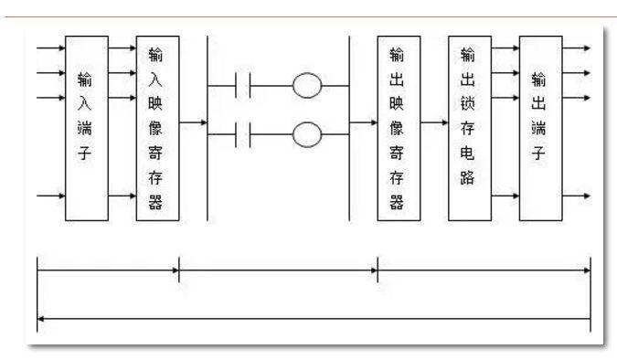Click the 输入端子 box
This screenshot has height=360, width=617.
point(86,127)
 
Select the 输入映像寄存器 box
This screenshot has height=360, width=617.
point(157,127)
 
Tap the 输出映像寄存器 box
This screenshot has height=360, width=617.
point(399,127)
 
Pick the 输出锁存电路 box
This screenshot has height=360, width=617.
point(470,127)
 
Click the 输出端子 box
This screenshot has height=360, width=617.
point(540,127)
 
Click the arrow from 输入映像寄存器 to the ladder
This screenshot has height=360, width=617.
point(193,121)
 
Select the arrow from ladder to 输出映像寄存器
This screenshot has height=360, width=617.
point(364,121)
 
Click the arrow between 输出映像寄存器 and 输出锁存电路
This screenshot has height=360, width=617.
point(434,121)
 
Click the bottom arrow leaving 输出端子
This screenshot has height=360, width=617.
point(576,196)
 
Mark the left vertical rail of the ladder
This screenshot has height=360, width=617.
point(207,127)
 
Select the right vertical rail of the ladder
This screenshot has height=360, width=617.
point(349,127)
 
